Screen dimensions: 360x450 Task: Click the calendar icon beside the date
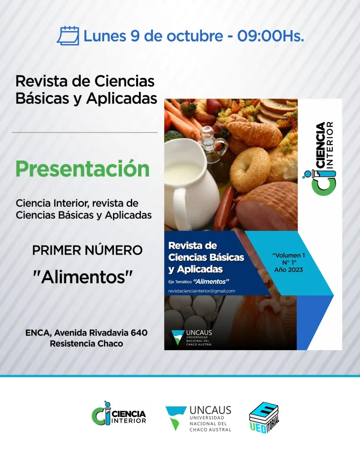point(68,36)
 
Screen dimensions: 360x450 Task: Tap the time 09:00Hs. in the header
point(270,36)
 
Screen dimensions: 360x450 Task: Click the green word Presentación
point(82,169)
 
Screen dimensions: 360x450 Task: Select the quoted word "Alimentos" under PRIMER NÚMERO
point(82,277)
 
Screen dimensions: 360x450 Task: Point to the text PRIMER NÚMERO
point(87,250)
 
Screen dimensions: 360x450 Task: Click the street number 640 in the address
point(139,332)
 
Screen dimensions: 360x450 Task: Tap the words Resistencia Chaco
point(87,343)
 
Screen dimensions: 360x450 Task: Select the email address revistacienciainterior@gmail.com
point(201,291)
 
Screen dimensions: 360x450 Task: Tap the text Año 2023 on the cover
point(288,270)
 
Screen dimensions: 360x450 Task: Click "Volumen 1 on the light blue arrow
point(288,255)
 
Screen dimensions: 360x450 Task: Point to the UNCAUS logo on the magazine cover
point(192,337)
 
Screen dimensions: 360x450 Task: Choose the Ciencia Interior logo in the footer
point(119,413)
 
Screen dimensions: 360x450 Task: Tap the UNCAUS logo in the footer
point(198,418)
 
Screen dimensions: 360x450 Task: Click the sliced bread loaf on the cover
point(276,111)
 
